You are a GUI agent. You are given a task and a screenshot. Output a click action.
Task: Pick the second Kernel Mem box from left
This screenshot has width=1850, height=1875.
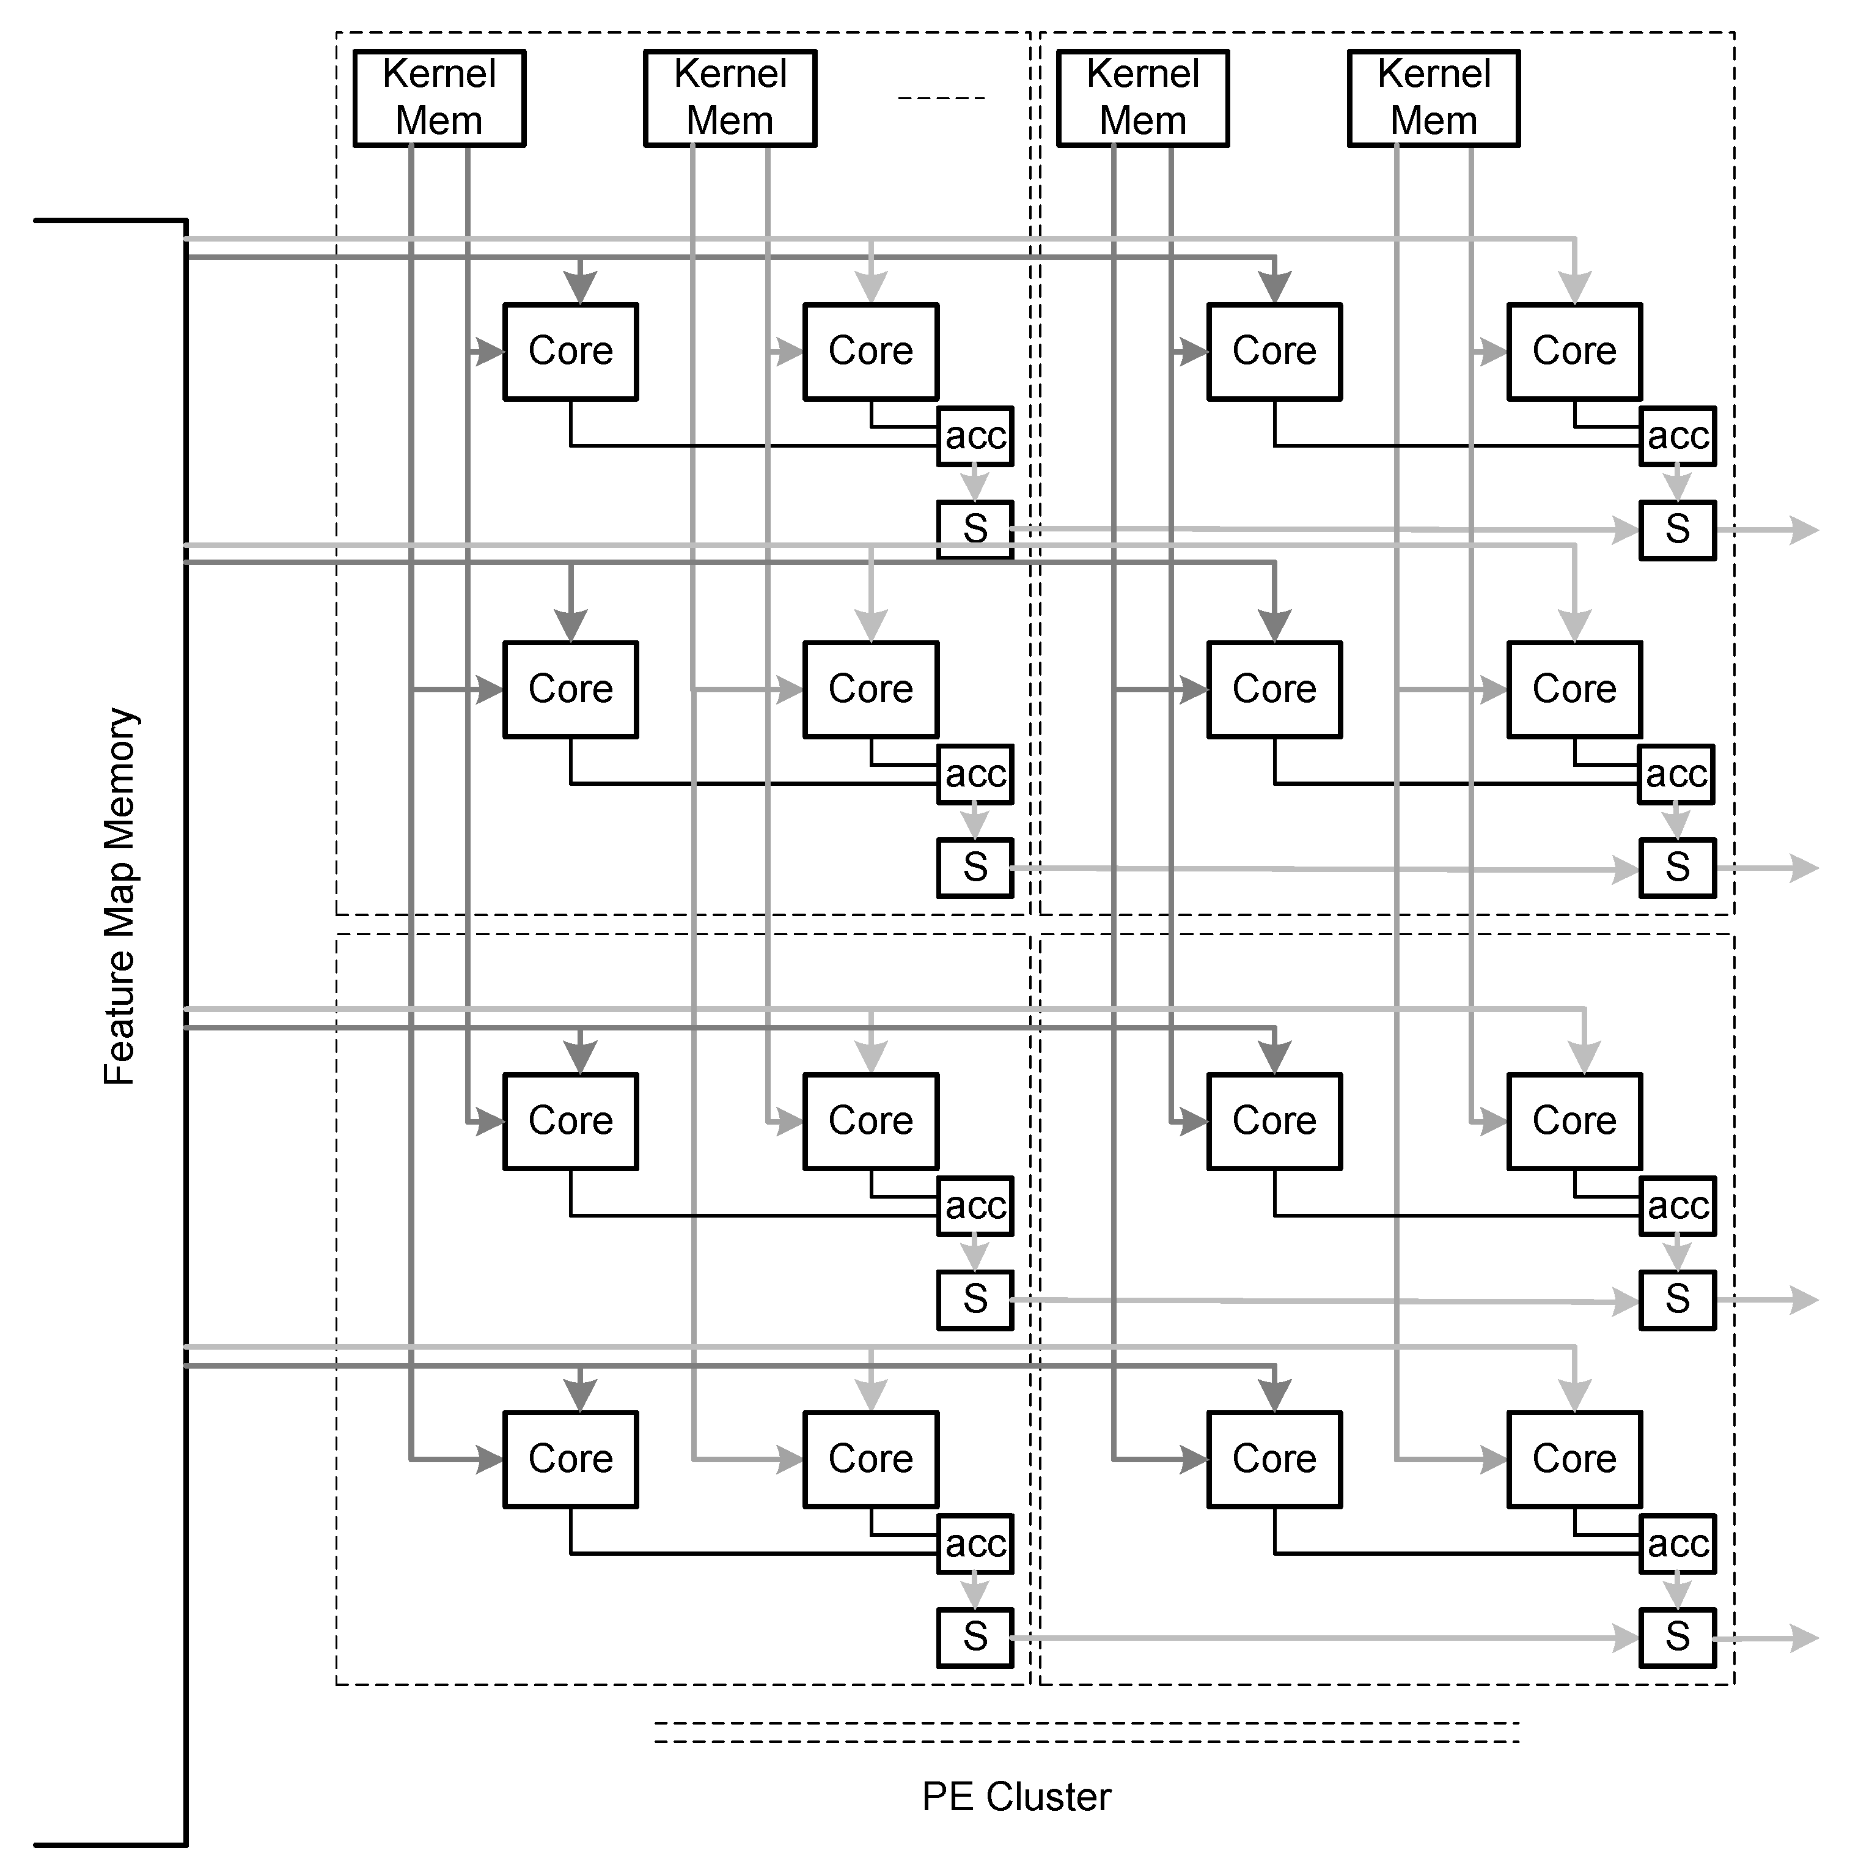tap(730, 98)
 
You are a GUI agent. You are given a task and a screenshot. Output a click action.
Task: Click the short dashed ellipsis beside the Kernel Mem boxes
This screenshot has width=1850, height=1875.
tap(941, 98)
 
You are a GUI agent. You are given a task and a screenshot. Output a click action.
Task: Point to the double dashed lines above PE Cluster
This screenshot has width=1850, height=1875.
tap(1087, 1733)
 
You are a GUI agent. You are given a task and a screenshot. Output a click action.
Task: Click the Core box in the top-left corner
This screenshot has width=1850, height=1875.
tap(570, 351)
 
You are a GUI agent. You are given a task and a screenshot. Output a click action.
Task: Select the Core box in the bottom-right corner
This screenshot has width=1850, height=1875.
tap(1574, 1459)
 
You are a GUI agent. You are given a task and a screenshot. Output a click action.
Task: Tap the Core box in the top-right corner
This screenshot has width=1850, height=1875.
tap(1574, 351)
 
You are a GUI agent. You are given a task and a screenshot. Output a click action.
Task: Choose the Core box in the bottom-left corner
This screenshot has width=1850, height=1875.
tap(570, 1459)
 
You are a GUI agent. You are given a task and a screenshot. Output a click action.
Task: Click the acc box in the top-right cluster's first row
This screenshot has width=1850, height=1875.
tap(1677, 436)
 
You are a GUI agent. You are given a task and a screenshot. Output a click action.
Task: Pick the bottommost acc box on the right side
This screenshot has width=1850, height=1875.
tap(1677, 1543)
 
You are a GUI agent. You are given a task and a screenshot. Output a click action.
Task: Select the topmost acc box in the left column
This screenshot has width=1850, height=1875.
tap(975, 436)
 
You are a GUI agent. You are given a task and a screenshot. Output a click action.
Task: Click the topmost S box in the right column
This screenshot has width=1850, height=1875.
tap(1677, 530)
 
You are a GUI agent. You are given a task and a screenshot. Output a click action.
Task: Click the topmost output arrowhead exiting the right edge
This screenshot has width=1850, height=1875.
tap(1804, 530)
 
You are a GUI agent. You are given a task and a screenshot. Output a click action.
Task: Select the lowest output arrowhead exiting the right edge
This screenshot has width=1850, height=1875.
tap(1804, 1638)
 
